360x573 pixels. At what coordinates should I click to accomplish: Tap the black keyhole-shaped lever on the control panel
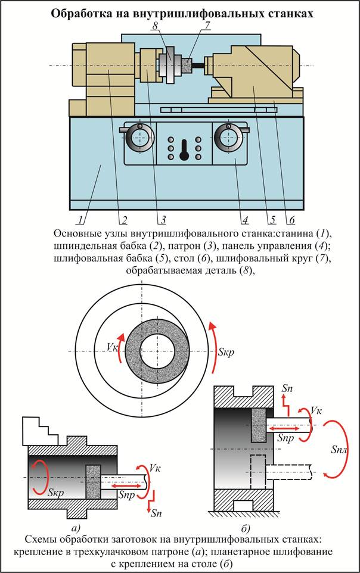[x=184, y=148]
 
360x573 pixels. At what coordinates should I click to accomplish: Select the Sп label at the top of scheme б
[x=287, y=387]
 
